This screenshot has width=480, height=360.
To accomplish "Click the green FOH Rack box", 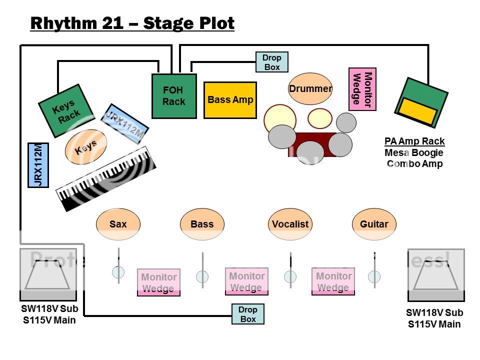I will point(174,96).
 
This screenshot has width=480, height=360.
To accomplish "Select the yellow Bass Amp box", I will point(230,100).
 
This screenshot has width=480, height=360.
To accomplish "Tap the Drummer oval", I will point(310,89).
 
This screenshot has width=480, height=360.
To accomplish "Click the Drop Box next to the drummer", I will point(271,62).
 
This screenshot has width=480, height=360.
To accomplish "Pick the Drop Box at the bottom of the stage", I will point(248,314).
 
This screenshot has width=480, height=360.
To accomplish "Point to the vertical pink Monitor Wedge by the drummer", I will point(362,89).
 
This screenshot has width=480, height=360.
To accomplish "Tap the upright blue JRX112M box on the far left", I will point(38,165).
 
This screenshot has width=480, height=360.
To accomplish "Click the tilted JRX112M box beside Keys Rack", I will point(125,123).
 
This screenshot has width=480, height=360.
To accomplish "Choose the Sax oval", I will point(118,224).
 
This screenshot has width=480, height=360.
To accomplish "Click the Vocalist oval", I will point(290,224).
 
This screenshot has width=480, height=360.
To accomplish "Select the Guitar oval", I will point(374,224).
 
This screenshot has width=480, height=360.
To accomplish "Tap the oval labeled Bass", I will point(202,224).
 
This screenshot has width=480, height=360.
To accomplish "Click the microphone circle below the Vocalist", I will point(290,276).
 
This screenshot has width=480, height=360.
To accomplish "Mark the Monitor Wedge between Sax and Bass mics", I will point(158,282).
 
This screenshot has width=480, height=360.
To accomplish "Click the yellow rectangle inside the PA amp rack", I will point(416,111).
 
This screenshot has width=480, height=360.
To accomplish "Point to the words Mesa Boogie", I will point(414,152).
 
